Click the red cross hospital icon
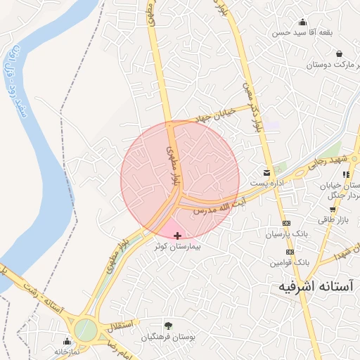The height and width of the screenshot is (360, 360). point(176,236)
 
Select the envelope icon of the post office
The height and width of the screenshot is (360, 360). point(266,173)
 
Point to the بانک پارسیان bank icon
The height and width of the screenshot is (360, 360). point(286,223)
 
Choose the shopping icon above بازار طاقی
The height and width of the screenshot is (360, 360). point(332,210)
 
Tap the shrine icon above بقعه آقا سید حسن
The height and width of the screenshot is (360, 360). point(302,22)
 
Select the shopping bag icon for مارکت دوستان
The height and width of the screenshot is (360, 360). point(339,54)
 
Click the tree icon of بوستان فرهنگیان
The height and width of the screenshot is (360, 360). point(167,325)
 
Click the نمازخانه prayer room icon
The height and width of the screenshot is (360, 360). point(67,341)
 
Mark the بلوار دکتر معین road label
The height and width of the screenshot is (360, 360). point(250,108)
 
